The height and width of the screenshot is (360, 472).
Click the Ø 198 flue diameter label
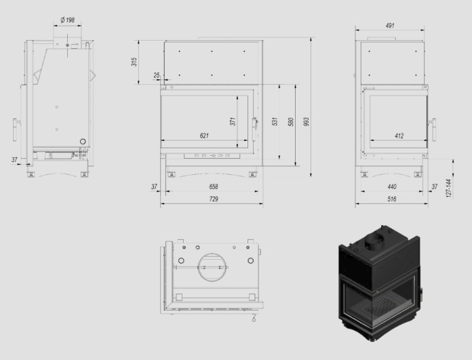[x=67, y=20]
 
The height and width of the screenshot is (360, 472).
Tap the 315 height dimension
[x=134, y=62]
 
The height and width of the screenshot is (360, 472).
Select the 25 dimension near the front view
[x=157, y=75]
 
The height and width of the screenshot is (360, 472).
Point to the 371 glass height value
[x=233, y=121]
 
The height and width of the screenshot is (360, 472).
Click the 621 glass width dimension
[x=204, y=136]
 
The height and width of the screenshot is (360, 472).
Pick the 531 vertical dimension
[x=275, y=121]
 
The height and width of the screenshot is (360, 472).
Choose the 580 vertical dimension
[x=291, y=121]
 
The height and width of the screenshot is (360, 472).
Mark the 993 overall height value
[x=307, y=121]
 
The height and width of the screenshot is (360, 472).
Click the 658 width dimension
[x=214, y=186]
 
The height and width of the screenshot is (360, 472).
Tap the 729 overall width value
[x=214, y=199]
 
